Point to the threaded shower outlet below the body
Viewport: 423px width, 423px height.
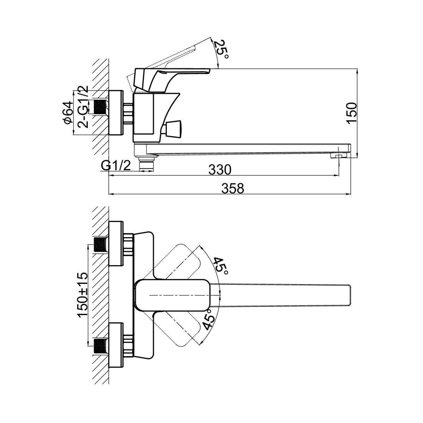[x=147, y=164]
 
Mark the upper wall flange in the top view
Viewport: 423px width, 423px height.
[x=116, y=244]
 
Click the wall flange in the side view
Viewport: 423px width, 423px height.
[x=116, y=113]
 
